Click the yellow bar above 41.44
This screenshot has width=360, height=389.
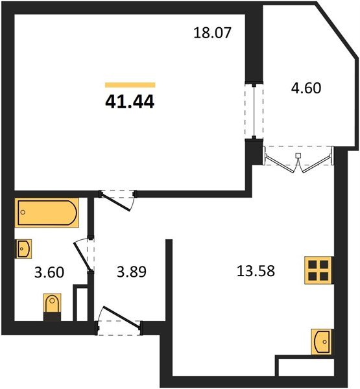[x=130, y=85]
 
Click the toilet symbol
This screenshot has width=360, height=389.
[x=52, y=305]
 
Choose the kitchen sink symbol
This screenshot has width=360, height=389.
[x=321, y=340]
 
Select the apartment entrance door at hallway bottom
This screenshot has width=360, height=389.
[x=118, y=323]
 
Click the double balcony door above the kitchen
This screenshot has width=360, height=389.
[x=298, y=159]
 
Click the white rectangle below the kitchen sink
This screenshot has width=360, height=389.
[x=305, y=366]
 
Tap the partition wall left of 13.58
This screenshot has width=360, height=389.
[x=169, y=285]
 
